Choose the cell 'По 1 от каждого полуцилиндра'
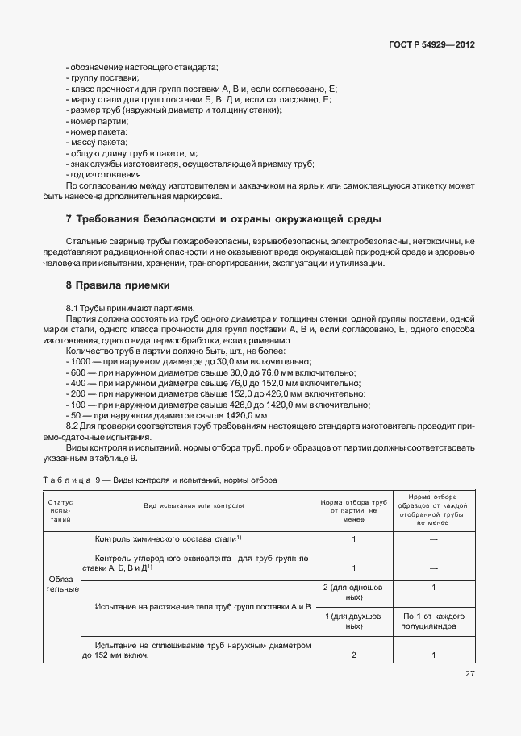click(x=433, y=621)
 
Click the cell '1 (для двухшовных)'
click(x=353, y=621)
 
